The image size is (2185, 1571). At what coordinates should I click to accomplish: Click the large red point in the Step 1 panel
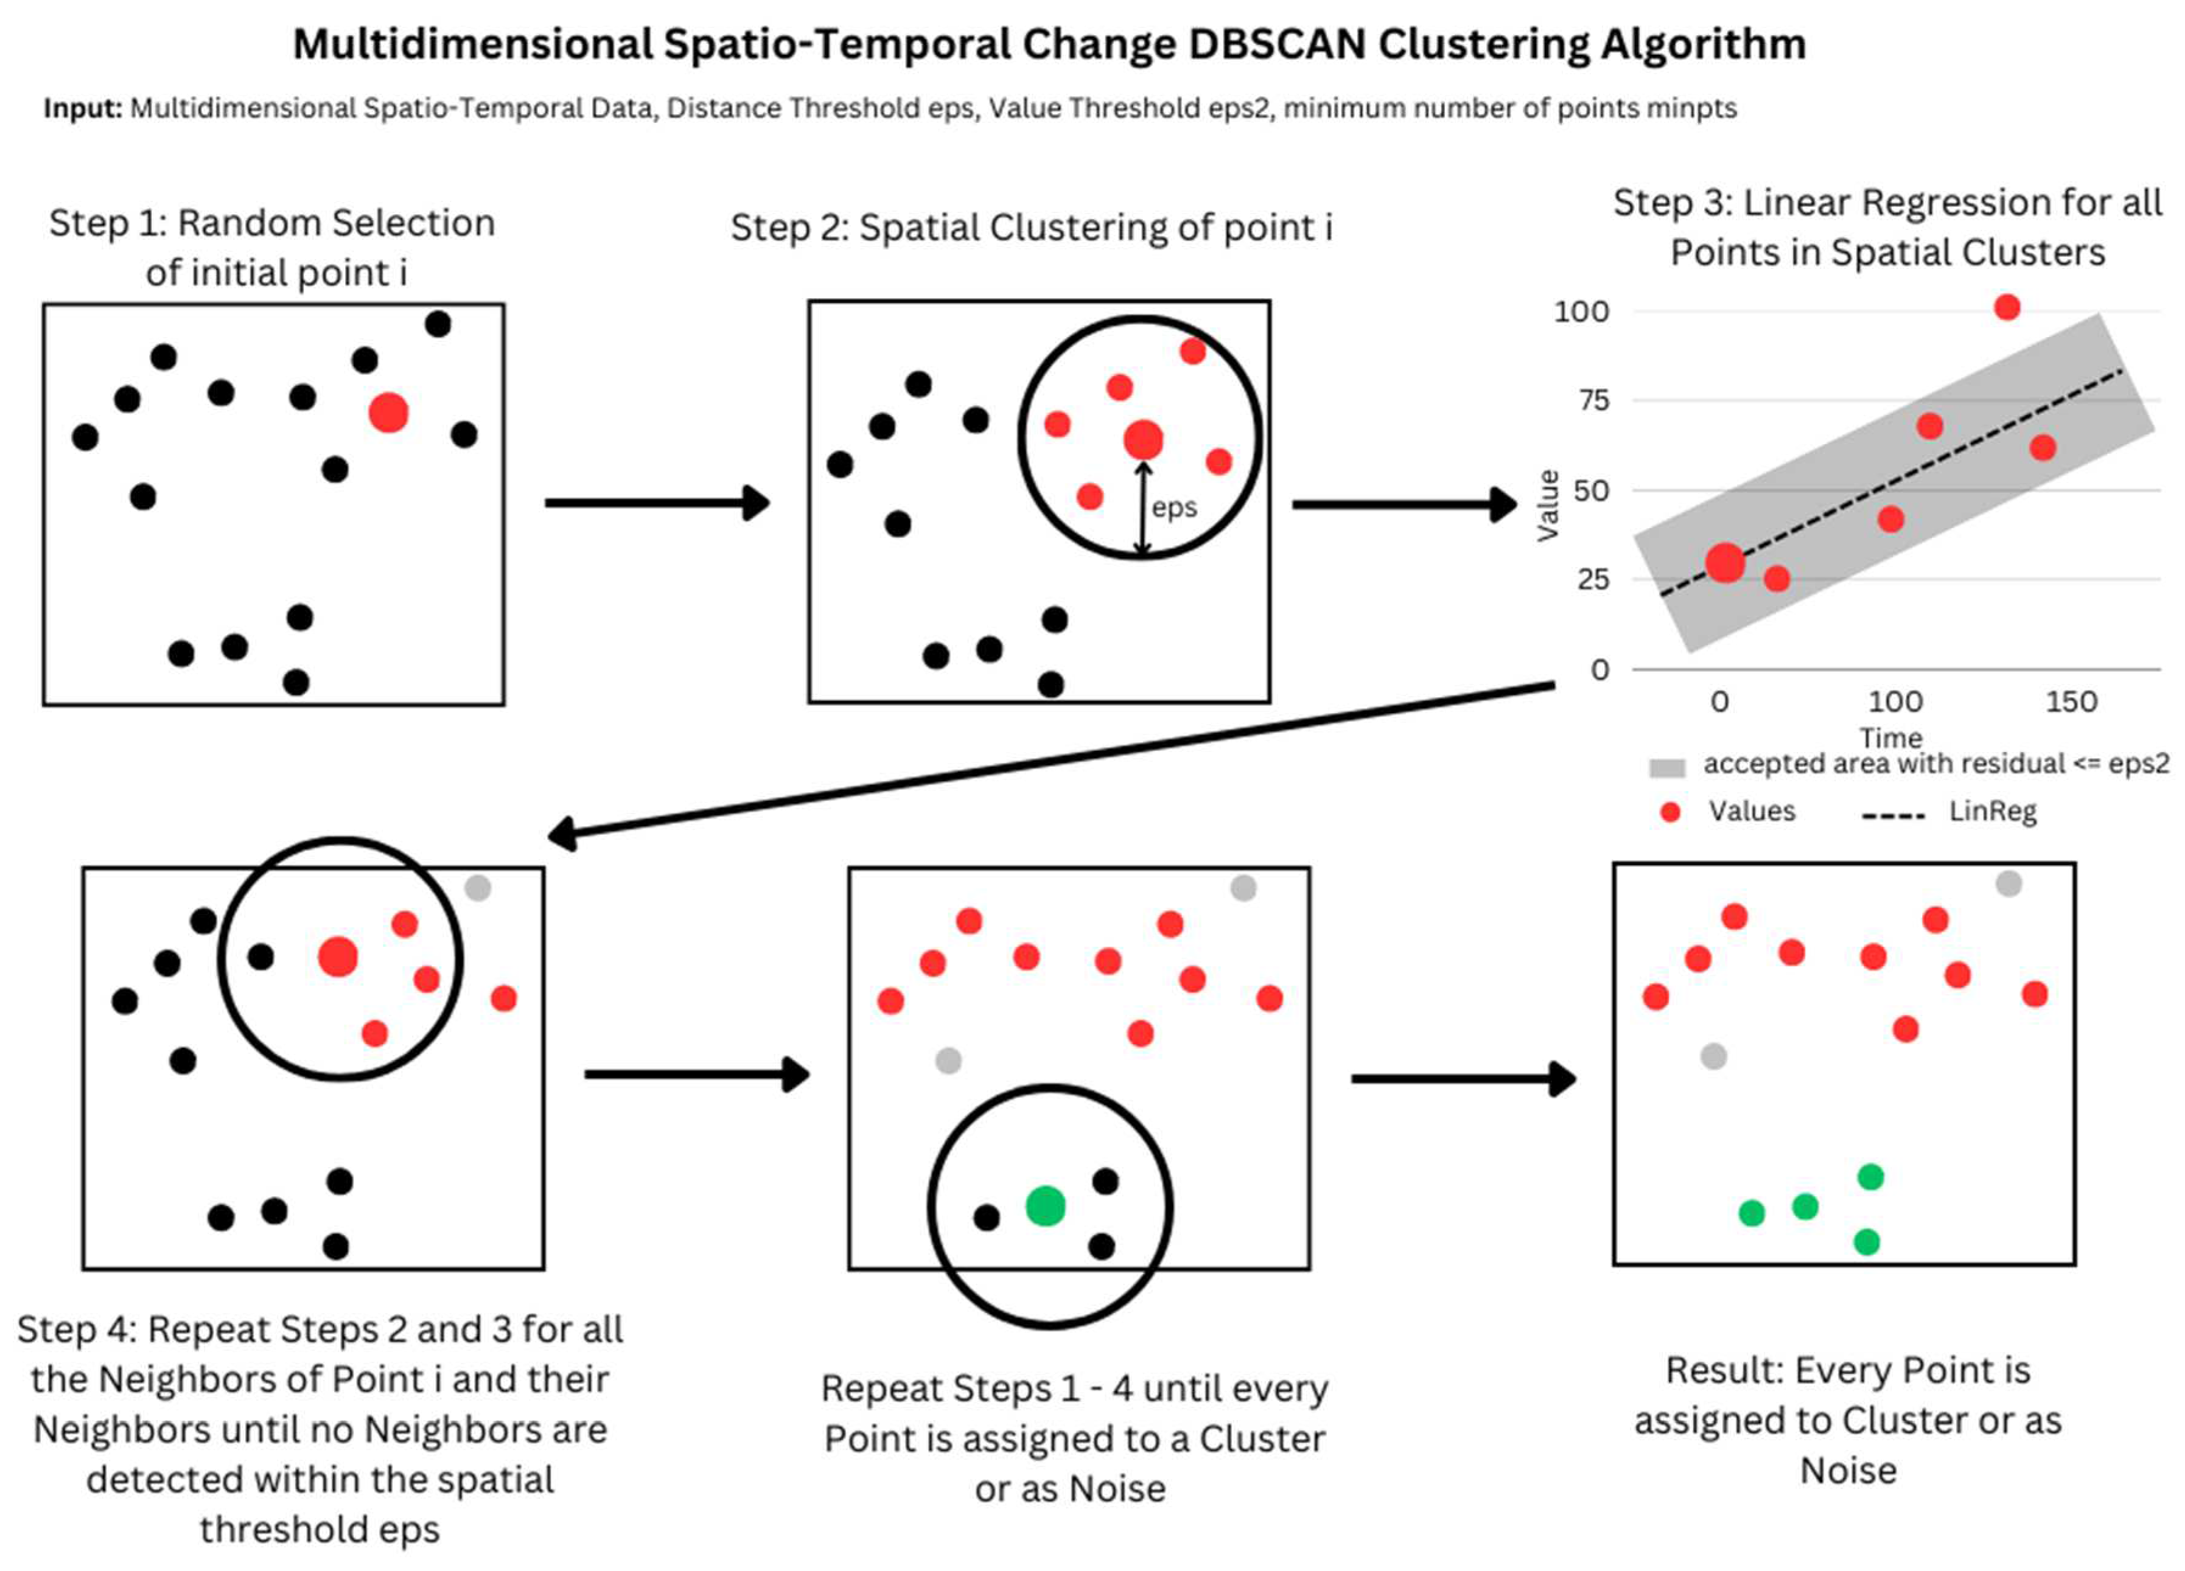[388, 413]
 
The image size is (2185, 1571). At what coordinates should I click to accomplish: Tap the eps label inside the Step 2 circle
[1175, 507]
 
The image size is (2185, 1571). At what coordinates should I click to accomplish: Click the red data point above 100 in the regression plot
[2007, 307]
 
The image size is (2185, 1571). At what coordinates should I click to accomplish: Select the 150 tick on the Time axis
[2071, 701]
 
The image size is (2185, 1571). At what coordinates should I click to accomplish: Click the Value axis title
[1547, 506]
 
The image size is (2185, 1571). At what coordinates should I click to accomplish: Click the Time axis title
[1891, 738]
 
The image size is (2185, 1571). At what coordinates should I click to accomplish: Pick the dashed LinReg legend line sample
[1893, 816]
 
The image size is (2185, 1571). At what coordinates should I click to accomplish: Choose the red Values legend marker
[1671, 812]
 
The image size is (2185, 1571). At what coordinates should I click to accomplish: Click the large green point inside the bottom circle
[1045, 1206]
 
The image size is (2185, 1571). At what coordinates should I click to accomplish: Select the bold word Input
[82, 108]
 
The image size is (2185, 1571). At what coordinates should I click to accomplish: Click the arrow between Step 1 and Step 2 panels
[655, 503]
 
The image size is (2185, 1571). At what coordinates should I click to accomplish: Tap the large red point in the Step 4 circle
[338, 956]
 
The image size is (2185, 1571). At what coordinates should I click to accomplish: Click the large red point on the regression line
[1724, 563]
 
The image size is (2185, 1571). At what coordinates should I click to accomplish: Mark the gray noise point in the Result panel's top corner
[2008, 883]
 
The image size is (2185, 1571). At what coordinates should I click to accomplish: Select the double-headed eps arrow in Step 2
[1142, 509]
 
